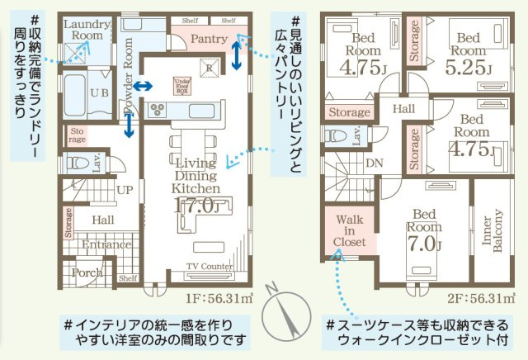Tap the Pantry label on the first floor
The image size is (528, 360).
pos(203,40)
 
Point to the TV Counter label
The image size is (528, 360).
pos(209,266)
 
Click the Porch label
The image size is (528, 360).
pos(87,272)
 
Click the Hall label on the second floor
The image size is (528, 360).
pos(403,108)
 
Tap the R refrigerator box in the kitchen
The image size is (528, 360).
pos(210,69)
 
